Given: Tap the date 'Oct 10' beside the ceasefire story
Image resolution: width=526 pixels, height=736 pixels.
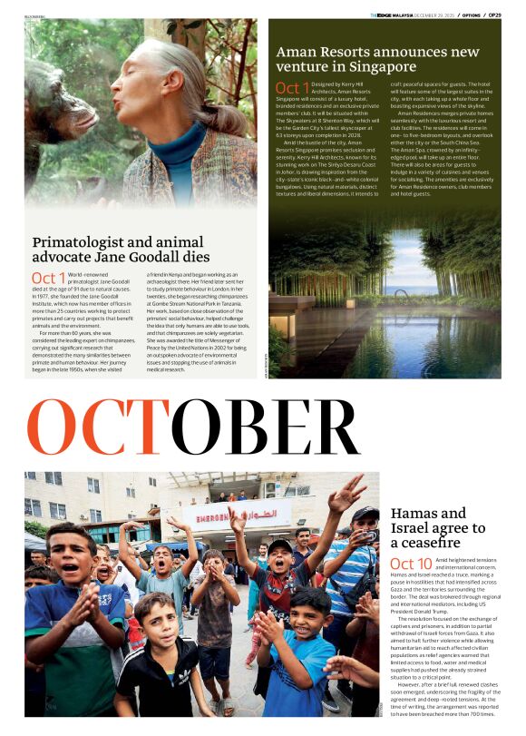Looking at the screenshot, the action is pos(412,564).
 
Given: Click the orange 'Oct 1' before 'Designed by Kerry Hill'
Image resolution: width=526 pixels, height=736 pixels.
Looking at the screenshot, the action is pos(292,88).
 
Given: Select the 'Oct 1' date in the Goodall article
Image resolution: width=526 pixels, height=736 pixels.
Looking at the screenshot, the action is pos(49,278).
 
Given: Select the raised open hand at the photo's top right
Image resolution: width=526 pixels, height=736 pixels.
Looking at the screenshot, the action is pos(346,493).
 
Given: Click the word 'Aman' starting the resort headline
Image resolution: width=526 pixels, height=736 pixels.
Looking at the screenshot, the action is pos(296,52).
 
